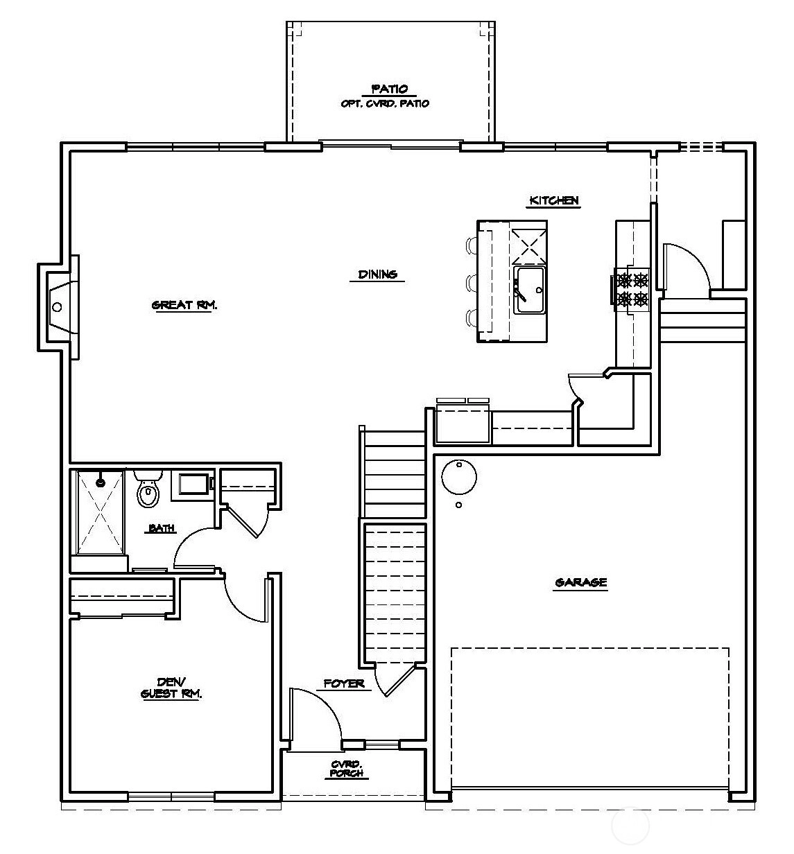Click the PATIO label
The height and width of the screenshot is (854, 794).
click(x=390, y=89)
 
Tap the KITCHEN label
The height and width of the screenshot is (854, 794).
click(x=553, y=200)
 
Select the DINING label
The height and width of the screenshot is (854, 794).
click(x=377, y=274)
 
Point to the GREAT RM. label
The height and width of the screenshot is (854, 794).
click(x=184, y=305)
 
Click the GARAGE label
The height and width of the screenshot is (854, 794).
click(x=580, y=582)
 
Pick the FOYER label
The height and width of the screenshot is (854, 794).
click(x=344, y=683)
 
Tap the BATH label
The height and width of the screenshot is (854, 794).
click(x=162, y=528)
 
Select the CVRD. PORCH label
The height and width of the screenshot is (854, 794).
click(x=347, y=769)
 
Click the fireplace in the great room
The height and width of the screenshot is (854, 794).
click(x=58, y=307)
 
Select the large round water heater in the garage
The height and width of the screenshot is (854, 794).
click(x=459, y=477)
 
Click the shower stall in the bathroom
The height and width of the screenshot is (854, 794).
click(x=100, y=512)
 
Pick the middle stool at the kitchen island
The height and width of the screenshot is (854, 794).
click(x=472, y=283)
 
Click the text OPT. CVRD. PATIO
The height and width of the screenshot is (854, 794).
click(x=385, y=104)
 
